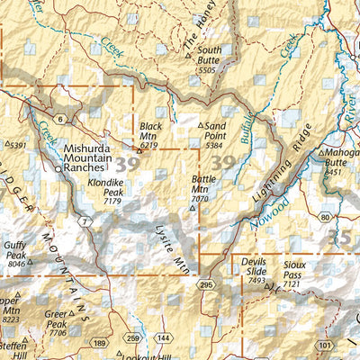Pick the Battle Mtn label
203,184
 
